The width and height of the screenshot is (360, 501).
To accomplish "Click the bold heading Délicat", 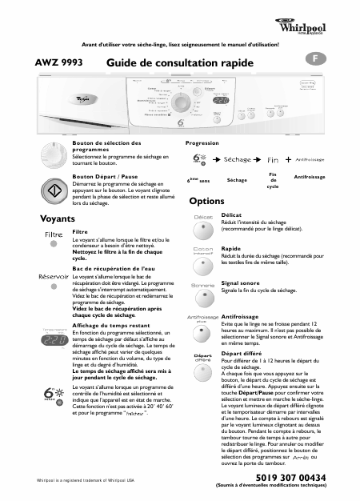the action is click(x=231, y=215).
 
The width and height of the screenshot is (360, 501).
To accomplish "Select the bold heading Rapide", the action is click(x=231, y=249).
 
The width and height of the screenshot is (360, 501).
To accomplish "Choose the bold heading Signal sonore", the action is click(x=241, y=283).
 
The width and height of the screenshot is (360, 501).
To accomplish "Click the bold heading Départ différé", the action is click(x=243, y=353).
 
